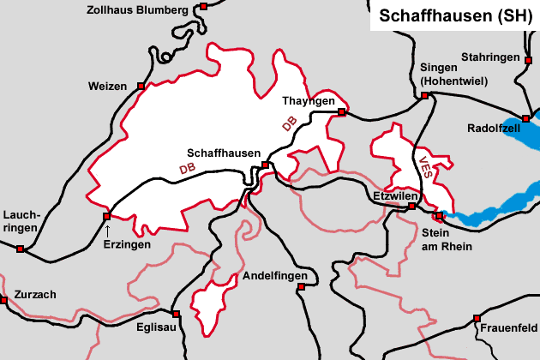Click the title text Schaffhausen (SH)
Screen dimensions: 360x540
pos(450,15)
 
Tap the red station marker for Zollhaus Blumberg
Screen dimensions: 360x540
pos(203,7)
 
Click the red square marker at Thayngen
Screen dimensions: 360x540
pos(341,112)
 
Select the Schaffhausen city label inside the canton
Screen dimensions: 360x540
pos(224,153)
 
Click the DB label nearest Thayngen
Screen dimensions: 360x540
pos(290,125)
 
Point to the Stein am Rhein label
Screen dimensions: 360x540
pos(447,239)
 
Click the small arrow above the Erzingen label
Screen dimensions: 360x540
pos(107,230)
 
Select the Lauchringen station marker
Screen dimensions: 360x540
pos(20,249)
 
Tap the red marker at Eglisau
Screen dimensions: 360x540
pos(175,314)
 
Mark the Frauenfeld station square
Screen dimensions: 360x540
pos(477,318)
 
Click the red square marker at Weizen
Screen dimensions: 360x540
pos(141,86)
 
